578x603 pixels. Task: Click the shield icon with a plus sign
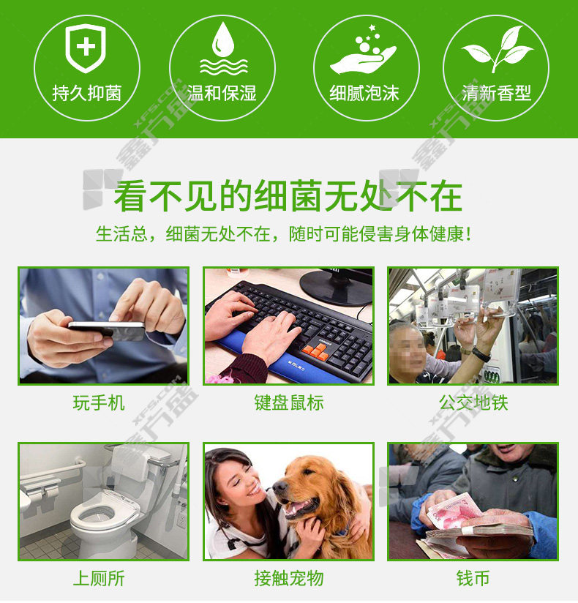pyautogui.click(x=86, y=48)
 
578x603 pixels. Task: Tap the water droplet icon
pyautogui.click(x=223, y=48)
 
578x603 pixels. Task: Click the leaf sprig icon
pyautogui.click(x=498, y=49)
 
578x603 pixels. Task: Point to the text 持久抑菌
pyautogui.click(x=87, y=93)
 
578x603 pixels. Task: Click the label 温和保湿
pyautogui.click(x=222, y=93)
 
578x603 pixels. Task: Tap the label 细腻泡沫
pyautogui.click(x=364, y=93)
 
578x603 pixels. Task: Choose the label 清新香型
pyautogui.click(x=497, y=93)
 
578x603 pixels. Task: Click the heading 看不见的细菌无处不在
pyautogui.click(x=288, y=196)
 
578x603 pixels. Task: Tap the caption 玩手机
pyautogui.click(x=99, y=403)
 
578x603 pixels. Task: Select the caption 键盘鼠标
pyautogui.click(x=289, y=403)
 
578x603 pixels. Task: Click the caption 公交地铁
pyautogui.click(x=473, y=403)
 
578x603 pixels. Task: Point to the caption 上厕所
pyautogui.click(x=99, y=578)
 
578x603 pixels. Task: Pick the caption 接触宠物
pyautogui.click(x=289, y=578)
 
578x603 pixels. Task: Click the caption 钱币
pyautogui.click(x=473, y=578)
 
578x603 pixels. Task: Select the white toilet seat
pyautogui.click(x=94, y=515)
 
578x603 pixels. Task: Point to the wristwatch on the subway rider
pyautogui.click(x=481, y=354)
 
